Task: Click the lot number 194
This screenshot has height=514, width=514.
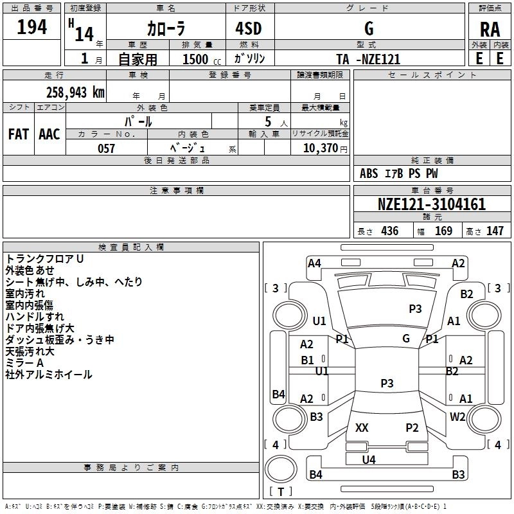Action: [x=32, y=28]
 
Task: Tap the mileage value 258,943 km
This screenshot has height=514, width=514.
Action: [x=75, y=93]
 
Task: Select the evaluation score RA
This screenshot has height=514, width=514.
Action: [x=490, y=30]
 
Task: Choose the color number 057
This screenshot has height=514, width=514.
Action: [x=106, y=148]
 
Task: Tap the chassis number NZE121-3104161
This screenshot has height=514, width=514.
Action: [x=431, y=205]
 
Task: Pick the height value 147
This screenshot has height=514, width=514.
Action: [x=494, y=231]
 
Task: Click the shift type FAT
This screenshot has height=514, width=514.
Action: [x=19, y=134]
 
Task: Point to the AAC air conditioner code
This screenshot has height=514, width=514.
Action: [x=49, y=134]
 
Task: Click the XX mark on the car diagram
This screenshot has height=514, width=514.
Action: [x=362, y=428]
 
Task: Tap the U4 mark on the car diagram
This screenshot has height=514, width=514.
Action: [x=368, y=459]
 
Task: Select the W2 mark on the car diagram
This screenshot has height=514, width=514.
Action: [x=457, y=416]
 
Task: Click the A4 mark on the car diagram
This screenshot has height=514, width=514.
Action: [x=314, y=263]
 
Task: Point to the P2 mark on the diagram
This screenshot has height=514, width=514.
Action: [x=412, y=428]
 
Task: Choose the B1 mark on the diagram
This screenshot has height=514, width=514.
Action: [x=308, y=360]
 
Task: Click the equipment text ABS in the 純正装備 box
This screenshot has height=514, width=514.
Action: [x=369, y=173]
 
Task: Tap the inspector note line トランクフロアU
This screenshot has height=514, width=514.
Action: [x=45, y=258]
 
